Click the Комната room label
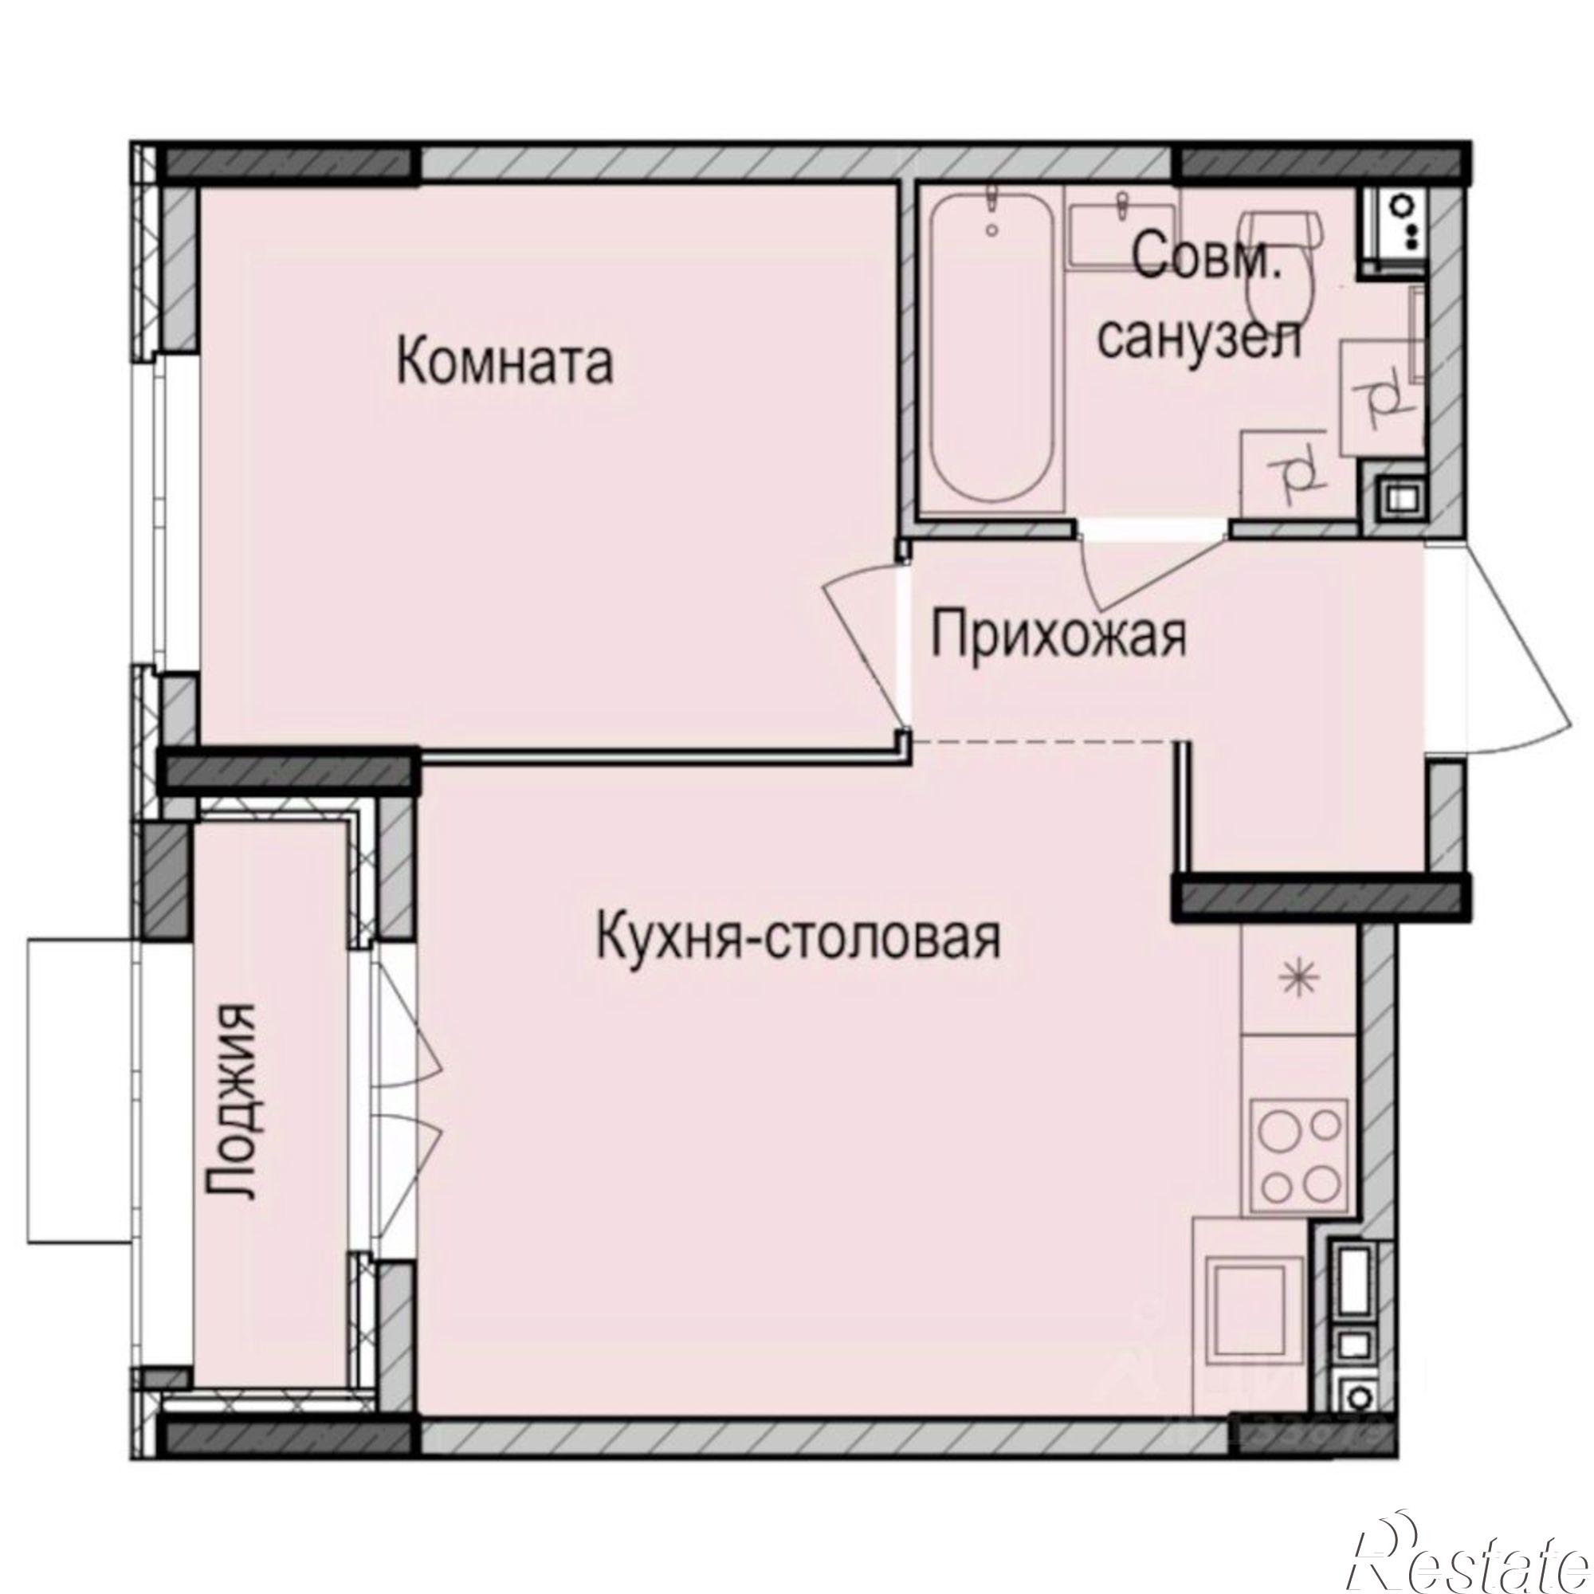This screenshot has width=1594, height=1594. click(506, 364)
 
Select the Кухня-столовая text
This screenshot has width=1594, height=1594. click(798, 937)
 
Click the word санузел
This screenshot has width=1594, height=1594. click(1200, 337)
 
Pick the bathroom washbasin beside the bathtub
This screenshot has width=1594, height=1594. click(1121, 224)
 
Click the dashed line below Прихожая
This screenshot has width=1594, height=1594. click(1044, 742)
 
